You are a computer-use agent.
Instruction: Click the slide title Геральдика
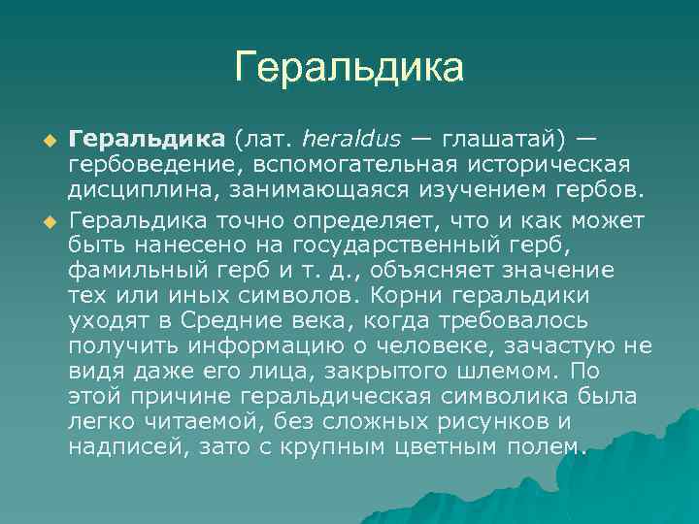coord(349,68)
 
